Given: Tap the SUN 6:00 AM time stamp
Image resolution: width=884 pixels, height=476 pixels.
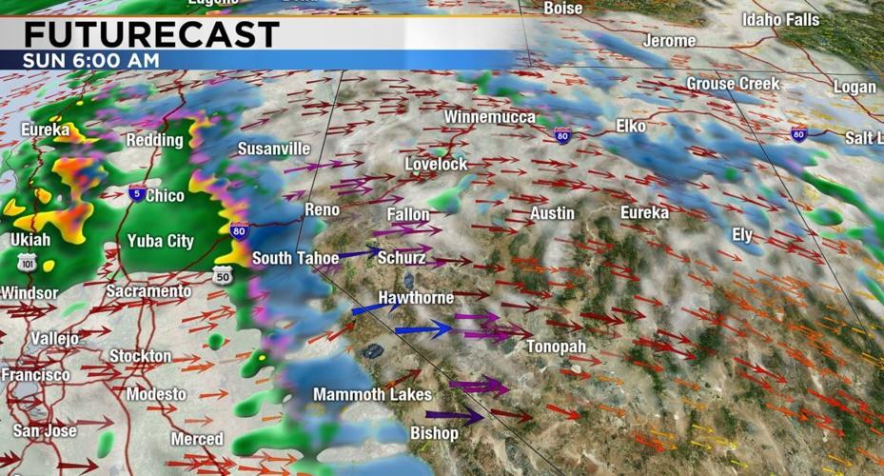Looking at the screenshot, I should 91,60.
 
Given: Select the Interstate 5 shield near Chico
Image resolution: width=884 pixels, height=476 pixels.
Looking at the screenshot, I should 137,193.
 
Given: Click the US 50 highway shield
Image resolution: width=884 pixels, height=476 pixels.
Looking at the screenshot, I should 222,274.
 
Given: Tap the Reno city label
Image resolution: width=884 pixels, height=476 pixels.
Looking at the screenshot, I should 322,209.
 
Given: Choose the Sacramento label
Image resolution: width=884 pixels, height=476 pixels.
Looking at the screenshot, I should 148,290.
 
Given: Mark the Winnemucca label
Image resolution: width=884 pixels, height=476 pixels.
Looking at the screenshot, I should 489,117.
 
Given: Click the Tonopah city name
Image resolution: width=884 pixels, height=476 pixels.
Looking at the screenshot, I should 557,347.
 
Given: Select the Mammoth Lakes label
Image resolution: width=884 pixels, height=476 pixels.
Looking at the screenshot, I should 372,394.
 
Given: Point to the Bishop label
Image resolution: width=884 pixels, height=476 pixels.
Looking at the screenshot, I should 434,433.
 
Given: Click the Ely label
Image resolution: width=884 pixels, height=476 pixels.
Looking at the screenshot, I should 742,233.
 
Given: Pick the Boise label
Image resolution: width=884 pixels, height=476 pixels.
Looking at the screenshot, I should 562,8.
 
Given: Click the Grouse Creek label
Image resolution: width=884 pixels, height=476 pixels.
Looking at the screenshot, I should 733,84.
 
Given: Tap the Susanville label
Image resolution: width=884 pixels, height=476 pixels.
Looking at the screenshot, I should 274,149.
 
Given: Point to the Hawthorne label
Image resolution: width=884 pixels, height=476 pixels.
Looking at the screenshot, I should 416,298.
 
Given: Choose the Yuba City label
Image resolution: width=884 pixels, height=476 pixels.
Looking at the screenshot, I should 161,241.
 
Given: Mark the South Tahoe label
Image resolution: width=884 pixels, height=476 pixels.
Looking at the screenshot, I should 295,258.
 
